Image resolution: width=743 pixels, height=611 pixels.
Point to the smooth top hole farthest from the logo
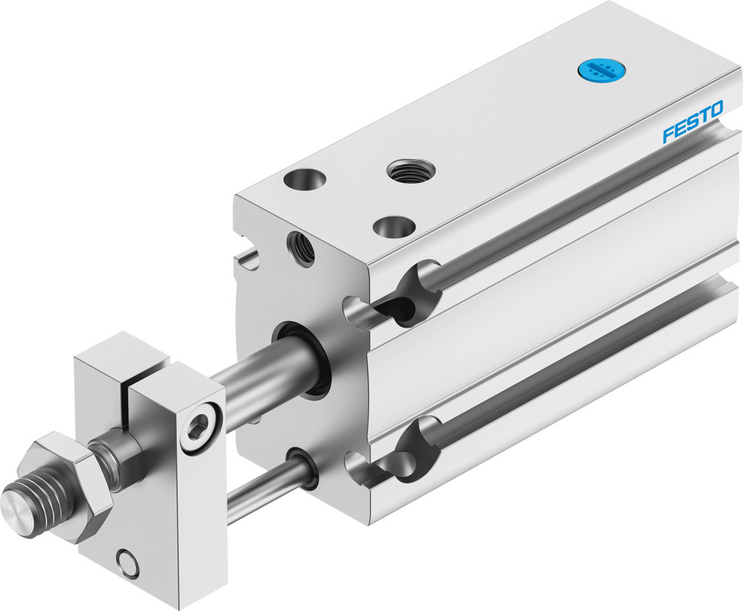[305, 181]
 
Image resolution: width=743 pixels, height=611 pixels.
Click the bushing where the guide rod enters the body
[304, 469]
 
